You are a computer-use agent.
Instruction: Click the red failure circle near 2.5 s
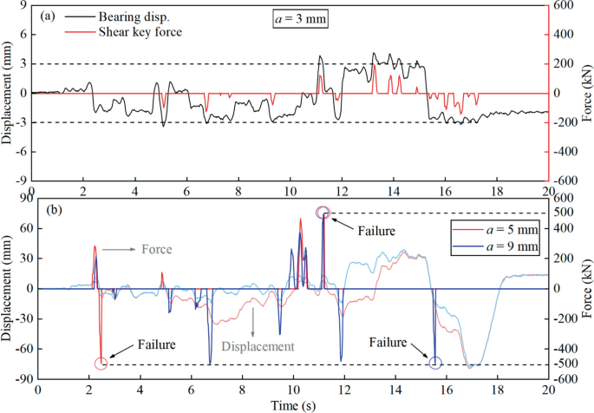tap(101, 364)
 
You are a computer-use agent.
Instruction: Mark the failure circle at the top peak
tap(323, 213)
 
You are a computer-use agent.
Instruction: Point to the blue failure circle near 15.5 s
tap(435, 364)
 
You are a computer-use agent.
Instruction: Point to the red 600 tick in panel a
tap(565, 5)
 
